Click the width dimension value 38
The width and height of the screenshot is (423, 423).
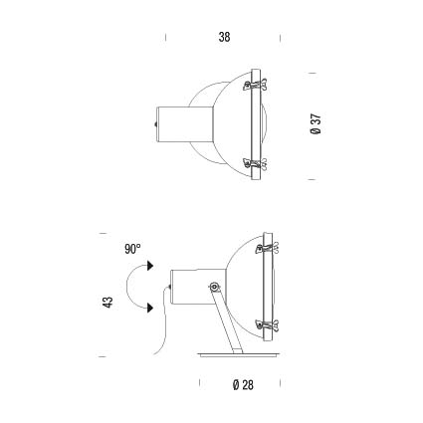click(x=224, y=37)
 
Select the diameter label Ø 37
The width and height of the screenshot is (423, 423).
click(x=316, y=123)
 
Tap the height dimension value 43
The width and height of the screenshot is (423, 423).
click(x=108, y=302)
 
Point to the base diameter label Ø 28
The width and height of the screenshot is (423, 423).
click(x=243, y=385)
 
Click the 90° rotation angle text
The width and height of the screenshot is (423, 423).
click(x=132, y=249)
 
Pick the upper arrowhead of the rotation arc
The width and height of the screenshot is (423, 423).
click(x=151, y=266)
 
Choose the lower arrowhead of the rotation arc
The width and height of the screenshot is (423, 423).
click(x=151, y=308)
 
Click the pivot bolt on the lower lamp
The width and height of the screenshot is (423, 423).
click(x=214, y=287)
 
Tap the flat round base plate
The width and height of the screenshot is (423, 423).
click(x=238, y=355)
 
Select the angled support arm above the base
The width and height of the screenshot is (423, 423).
click(x=227, y=320)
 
